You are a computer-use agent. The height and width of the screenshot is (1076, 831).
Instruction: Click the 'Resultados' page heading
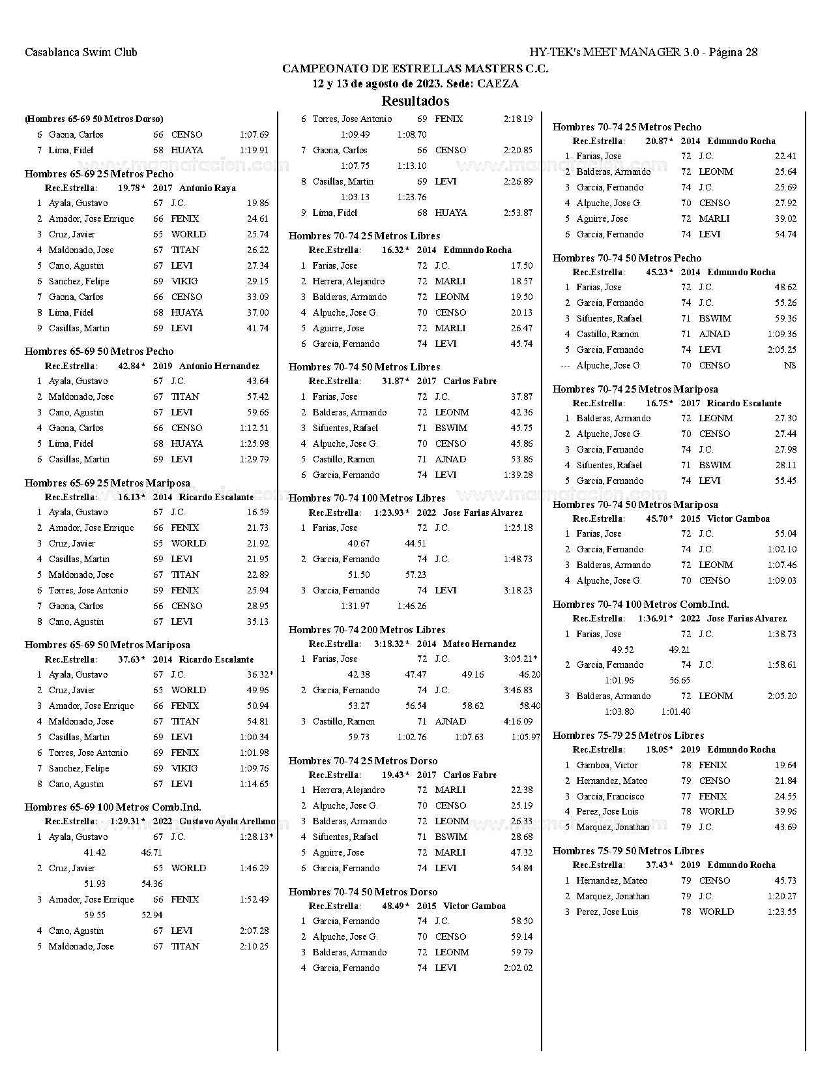click(x=415, y=101)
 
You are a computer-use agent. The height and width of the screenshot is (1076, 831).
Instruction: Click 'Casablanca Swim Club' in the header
click(x=81, y=52)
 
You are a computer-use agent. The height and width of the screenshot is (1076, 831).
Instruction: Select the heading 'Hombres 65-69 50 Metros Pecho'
click(x=99, y=351)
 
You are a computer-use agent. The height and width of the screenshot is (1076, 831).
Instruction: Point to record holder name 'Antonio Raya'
click(x=207, y=188)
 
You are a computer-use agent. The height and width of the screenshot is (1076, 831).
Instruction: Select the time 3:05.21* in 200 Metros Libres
click(x=520, y=659)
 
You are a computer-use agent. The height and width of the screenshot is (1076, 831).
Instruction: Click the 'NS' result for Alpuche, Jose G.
click(x=790, y=366)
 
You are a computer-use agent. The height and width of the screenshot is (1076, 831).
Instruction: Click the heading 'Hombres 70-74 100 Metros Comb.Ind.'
click(x=641, y=605)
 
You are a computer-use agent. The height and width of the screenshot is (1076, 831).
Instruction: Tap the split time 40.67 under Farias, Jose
click(x=358, y=544)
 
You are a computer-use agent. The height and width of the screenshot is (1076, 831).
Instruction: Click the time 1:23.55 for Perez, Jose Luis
click(x=781, y=912)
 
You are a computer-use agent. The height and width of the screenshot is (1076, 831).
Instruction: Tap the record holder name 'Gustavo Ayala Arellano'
click(x=227, y=822)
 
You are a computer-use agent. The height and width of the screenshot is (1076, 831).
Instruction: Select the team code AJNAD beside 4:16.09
click(x=450, y=722)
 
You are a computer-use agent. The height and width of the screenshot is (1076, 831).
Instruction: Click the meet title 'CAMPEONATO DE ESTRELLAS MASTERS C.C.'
click(x=415, y=68)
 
